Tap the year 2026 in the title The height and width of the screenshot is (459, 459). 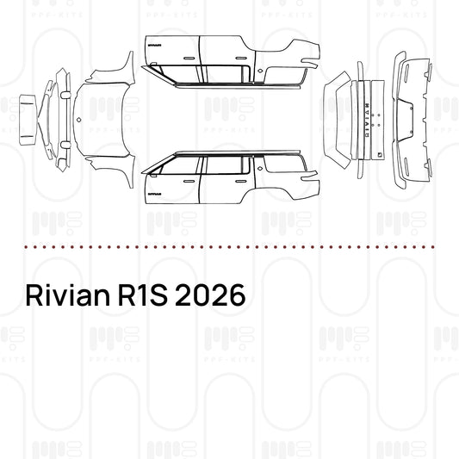210,295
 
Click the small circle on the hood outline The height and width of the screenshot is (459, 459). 78,118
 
